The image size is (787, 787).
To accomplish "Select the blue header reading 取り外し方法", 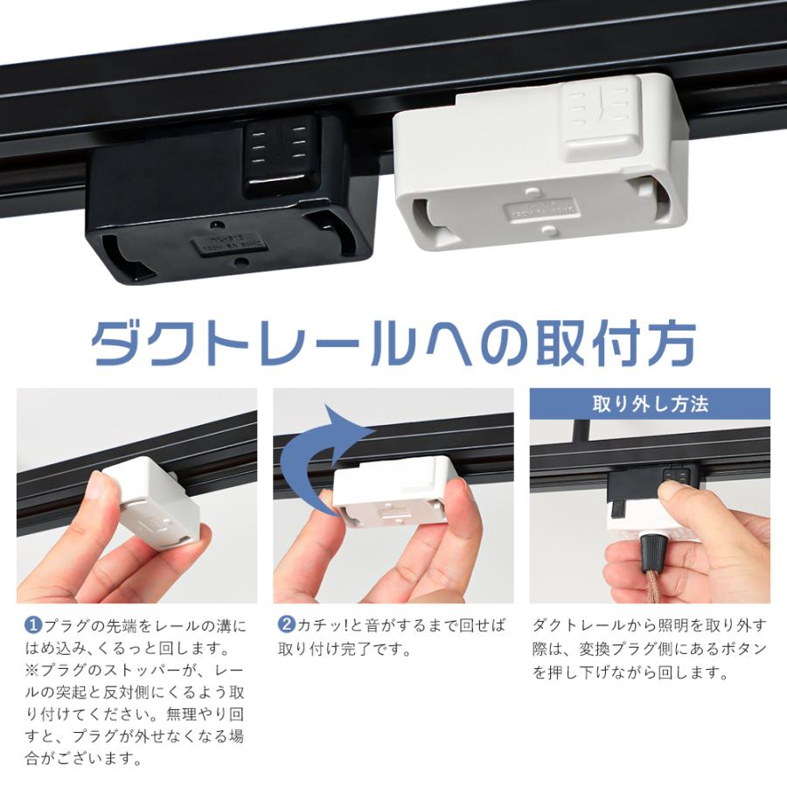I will pyautogui.click(x=650, y=405).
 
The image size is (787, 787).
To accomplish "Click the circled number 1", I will pyautogui.click(x=32, y=626).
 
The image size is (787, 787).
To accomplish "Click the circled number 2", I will pyautogui.click(x=287, y=626).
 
